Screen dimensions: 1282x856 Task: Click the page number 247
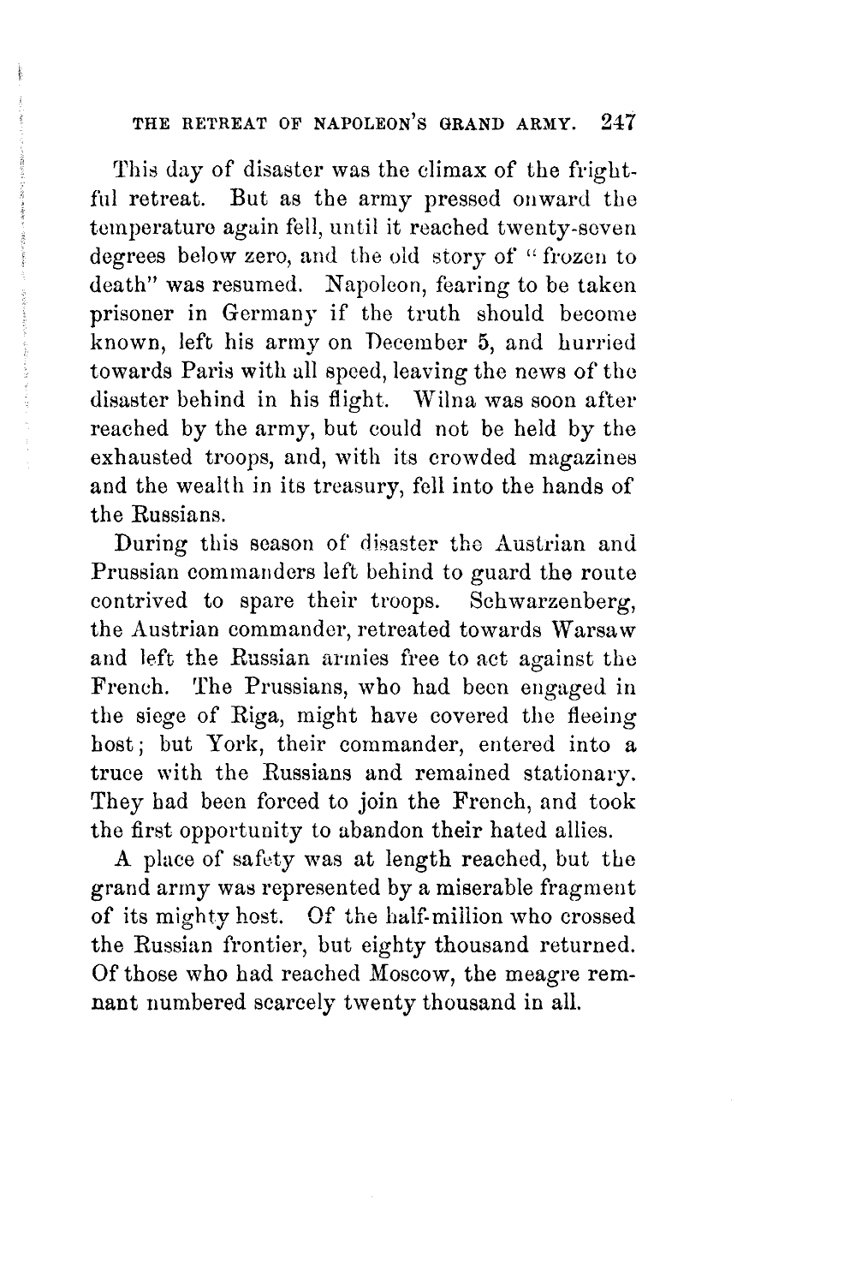tap(615, 122)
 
